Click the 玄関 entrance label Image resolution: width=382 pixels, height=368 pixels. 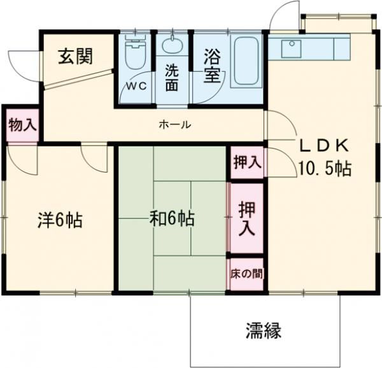click(76, 57)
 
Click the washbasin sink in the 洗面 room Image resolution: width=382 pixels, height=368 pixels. click(172, 46)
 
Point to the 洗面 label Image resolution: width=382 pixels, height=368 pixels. click(171, 77)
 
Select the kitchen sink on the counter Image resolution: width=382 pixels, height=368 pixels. click(292, 46)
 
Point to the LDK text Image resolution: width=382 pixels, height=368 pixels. click(324, 146)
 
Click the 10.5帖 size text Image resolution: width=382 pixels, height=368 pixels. click(325, 169)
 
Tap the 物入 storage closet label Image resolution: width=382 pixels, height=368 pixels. click(22, 125)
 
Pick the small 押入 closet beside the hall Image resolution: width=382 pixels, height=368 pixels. click(247, 162)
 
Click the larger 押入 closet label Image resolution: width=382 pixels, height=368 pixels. click(247, 218)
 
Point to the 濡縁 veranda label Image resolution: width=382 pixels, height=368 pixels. click(263, 330)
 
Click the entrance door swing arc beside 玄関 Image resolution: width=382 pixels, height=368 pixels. click(25, 64)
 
